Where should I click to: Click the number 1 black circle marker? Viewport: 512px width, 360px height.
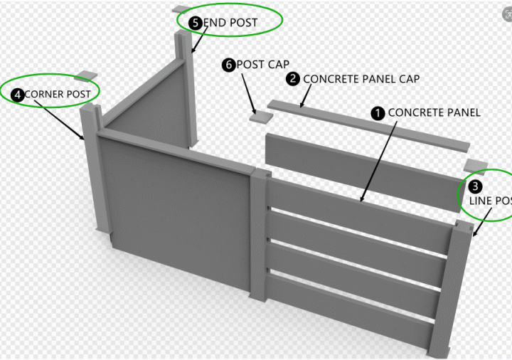(378, 112)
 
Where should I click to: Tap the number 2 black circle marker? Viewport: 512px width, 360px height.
(293, 79)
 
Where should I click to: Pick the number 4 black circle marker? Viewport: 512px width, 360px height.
(17, 94)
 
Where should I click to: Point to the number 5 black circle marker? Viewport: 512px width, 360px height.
(196, 22)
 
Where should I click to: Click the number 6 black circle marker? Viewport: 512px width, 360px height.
(228, 65)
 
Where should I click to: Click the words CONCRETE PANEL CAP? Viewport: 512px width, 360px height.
(361, 79)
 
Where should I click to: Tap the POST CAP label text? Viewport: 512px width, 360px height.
(262, 65)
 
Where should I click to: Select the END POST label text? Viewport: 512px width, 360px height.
(230, 22)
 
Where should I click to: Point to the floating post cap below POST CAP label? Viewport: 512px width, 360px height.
(260, 114)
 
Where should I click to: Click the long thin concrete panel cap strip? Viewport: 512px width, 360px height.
(370, 125)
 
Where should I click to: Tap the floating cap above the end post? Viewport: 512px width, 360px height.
(178, 9)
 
